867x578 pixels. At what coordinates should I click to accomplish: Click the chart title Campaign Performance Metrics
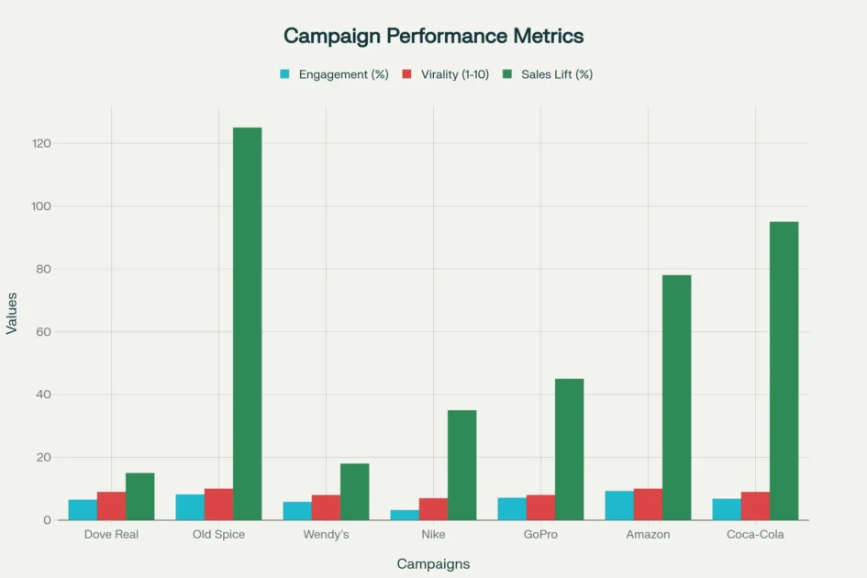(433, 36)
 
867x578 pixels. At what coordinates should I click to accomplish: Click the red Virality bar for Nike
(433, 509)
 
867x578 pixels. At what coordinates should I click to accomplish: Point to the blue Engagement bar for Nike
(405, 515)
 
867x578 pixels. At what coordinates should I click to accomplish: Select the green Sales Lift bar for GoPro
(569, 449)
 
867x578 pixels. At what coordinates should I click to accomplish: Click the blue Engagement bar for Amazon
(619, 506)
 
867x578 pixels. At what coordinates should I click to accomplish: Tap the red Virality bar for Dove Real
(111, 506)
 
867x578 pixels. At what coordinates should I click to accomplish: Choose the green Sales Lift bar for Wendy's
(354, 492)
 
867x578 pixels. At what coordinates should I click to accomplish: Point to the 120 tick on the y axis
(39, 144)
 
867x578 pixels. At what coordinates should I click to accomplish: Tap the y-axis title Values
(12, 313)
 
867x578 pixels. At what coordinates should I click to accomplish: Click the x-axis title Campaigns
(433, 563)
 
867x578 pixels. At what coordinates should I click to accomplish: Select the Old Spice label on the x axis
(218, 534)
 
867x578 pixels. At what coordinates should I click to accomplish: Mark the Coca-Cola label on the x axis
(755, 534)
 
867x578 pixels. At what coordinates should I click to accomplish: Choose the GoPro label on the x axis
(540, 534)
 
